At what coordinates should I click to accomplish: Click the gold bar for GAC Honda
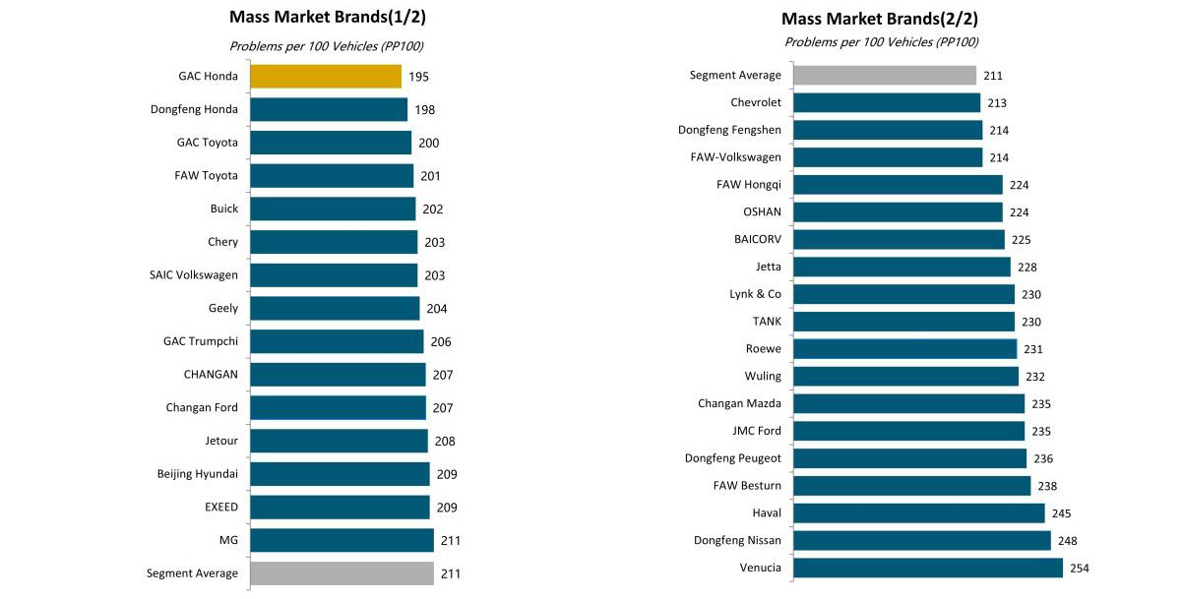(x=326, y=76)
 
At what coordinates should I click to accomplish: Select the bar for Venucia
(x=927, y=568)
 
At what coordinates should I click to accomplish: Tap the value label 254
(x=1079, y=568)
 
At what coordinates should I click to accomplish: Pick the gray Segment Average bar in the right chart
(x=884, y=76)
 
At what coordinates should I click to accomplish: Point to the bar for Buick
(x=333, y=209)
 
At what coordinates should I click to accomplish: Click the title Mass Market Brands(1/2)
(x=328, y=17)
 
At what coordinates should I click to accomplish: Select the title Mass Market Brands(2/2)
(x=880, y=19)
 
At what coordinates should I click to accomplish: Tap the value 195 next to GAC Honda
(x=418, y=77)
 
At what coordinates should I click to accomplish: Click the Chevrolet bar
(x=886, y=102)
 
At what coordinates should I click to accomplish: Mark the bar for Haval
(x=918, y=512)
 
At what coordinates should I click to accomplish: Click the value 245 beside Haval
(x=1060, y=513)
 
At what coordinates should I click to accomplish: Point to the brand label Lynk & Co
(x=756, y=294)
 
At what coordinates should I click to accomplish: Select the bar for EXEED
(x=340, y=507)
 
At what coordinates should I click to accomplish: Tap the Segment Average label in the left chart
(x=192, y=573)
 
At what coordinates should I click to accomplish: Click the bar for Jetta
(x=901, y=267)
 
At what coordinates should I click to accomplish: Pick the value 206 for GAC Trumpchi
(x=440, y=342)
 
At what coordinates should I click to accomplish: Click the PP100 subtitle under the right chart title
(x=881, y=42)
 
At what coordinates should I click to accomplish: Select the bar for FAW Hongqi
(x=898, y=185)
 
